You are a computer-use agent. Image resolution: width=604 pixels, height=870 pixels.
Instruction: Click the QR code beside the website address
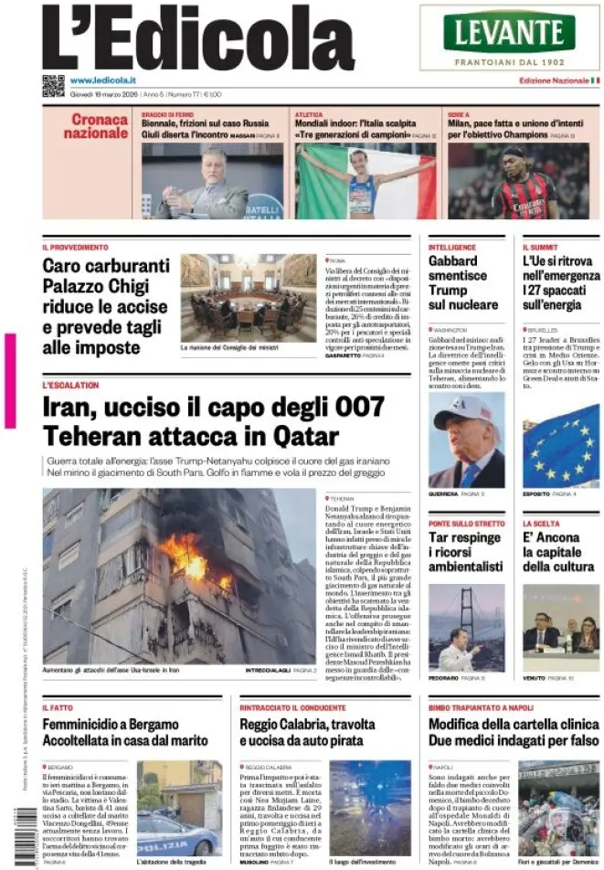tap(53, 85)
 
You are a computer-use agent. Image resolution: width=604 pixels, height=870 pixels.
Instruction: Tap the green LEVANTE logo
tap(509, 32)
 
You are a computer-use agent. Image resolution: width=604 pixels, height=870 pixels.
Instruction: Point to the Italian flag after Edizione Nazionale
tap(596, 80)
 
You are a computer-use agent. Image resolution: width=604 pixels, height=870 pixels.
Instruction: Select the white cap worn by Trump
tap(464, 409)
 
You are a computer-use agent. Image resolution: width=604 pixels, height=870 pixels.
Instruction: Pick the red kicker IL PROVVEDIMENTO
tap(75, 248)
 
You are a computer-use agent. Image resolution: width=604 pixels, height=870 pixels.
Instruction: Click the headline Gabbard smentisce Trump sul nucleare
tap(463, 282)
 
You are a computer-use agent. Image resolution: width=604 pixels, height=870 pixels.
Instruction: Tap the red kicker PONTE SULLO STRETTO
tap(466, 524)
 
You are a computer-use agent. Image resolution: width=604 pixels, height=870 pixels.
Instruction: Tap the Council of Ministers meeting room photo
tap(249, 297)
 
